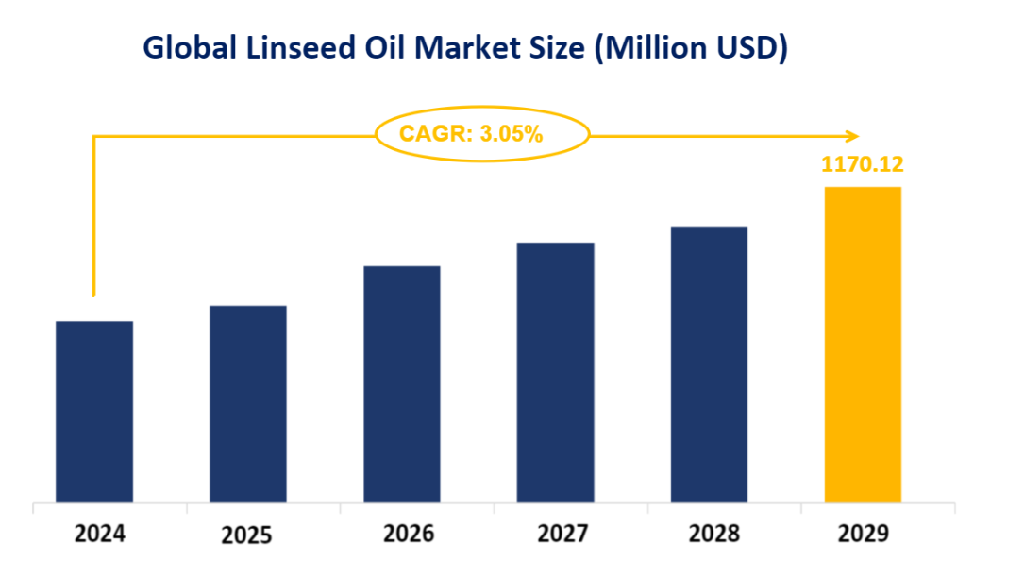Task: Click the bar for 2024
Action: coord(94,412)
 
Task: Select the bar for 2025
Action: coord(248,404)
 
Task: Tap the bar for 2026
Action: coord(402,384)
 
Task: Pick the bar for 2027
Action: coord(556,372)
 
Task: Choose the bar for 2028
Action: coord(709,365)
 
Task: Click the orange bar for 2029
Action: coord(863,345)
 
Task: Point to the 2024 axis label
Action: coord(100,534)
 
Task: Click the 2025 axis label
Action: coord(247,535)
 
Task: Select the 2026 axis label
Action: coord(409,534)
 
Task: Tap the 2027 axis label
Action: coord(563,534)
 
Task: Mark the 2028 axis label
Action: coord(714,534)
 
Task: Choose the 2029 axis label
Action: coord(863,534)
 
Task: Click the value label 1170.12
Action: coord(863,165)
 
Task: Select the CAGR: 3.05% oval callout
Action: coord(482,134)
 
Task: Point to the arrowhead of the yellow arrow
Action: coord(853,135)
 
